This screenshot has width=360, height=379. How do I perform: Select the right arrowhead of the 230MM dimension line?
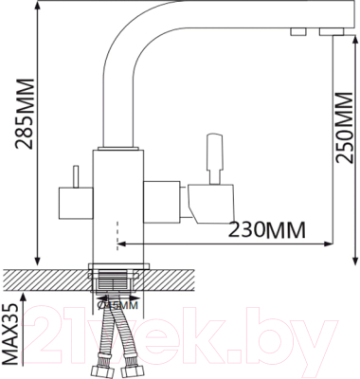331,239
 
